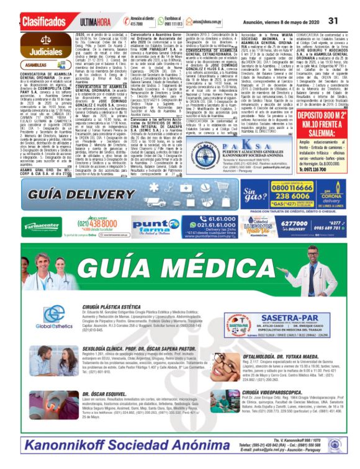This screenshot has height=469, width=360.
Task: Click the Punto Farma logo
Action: pyautogui.click(x=147, y=225)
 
